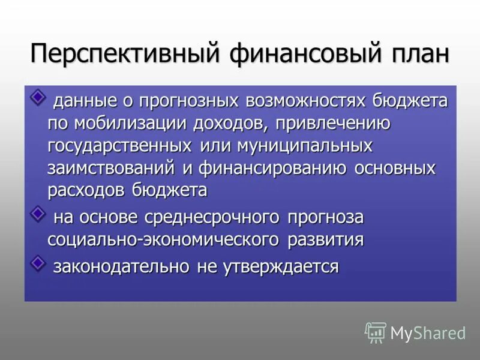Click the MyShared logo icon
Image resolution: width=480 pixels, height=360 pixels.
pos(376,332)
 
